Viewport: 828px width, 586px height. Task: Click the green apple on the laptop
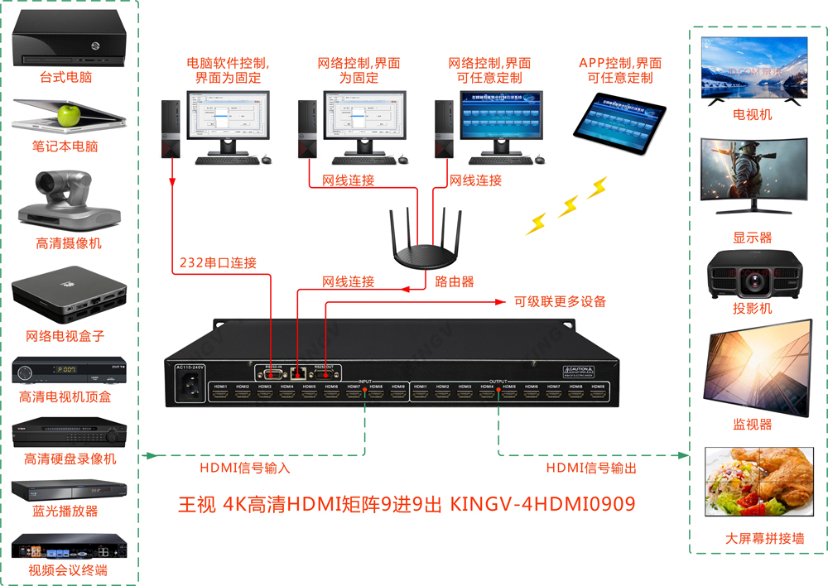coord(70,114)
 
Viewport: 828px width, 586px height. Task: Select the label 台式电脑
coord(65,78)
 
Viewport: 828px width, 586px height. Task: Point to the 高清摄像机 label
coord(69,243)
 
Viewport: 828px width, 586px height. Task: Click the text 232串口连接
coord(218,263)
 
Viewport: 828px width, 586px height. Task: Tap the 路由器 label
coord(455,281)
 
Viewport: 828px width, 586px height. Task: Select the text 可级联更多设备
coord(560,301)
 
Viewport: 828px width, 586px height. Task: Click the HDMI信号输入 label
coord(245,468)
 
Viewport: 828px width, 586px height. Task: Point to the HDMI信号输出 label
coord(591,468)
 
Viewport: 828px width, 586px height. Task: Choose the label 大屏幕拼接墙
coord(753,538)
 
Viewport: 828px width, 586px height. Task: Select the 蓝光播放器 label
coord(65,511)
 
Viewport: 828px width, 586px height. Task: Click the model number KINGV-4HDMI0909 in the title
coord(542,503)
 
